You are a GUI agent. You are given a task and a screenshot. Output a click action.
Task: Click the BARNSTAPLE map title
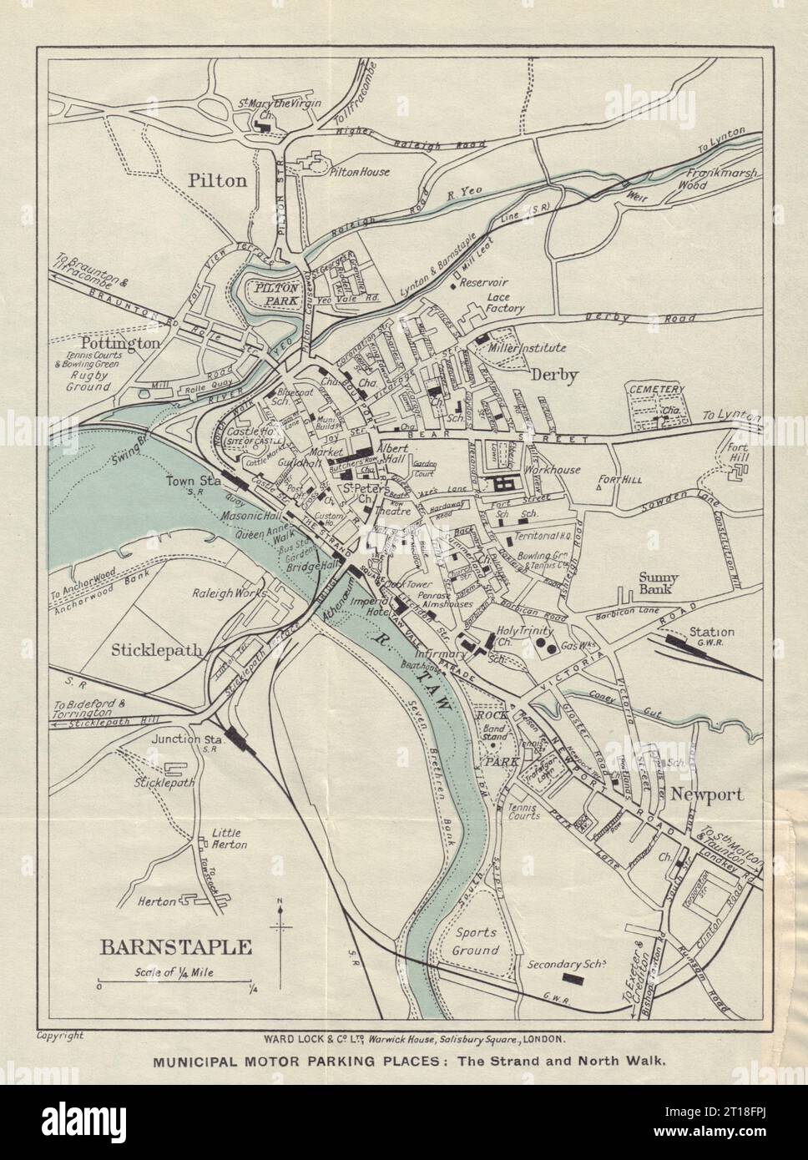[176, 946]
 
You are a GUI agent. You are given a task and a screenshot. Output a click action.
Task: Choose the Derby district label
[555, 376]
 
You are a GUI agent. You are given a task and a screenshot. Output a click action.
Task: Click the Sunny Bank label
[659, 583]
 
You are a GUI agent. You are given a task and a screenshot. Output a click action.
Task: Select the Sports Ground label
[477, 941]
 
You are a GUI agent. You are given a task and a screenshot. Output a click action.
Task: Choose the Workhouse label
[553, 470]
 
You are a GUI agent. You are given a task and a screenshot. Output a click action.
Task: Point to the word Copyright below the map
[60, 1036]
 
